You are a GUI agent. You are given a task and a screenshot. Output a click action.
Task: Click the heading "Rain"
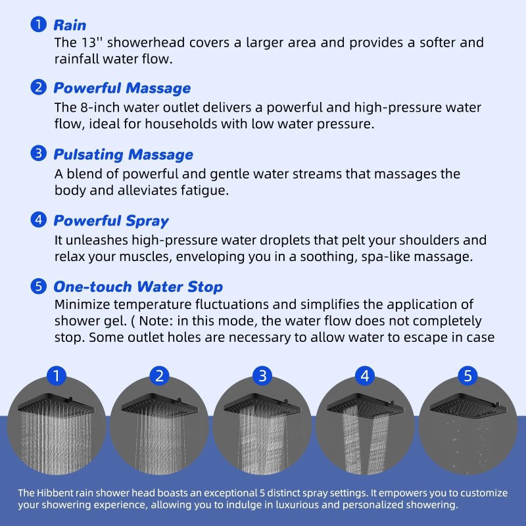69,25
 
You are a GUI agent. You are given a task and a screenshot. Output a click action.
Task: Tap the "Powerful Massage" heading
122,88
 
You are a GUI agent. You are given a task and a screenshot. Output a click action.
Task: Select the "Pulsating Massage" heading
123,155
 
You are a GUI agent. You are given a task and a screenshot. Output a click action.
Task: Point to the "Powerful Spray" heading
110,221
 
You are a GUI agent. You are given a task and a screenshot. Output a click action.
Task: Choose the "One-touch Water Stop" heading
137,287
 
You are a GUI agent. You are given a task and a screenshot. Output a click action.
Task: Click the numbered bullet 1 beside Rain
39,24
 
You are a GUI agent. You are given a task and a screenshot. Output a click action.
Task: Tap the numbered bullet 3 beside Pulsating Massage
39,154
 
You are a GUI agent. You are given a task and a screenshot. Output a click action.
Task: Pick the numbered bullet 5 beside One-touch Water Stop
39,286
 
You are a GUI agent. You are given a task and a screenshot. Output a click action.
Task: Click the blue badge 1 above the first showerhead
57,376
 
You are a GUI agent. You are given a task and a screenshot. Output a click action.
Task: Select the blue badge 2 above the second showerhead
160,376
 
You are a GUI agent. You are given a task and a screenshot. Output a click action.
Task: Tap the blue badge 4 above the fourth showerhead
365,376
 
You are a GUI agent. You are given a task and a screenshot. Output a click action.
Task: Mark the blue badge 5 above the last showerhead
467,376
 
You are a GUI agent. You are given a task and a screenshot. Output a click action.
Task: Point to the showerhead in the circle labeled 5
468,402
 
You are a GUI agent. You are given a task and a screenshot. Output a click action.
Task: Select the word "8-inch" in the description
95,107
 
